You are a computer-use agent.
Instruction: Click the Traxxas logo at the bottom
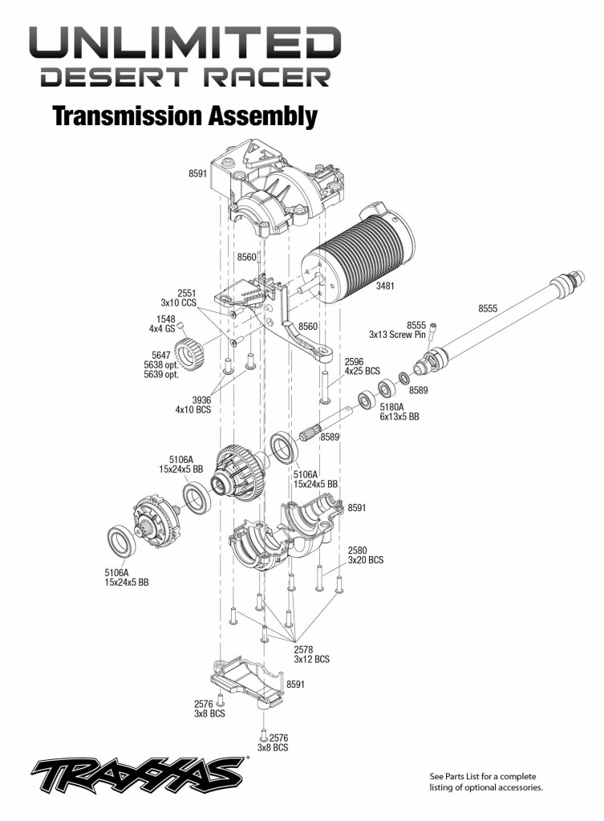(136, 776)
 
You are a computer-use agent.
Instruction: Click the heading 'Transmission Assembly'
(184, 116)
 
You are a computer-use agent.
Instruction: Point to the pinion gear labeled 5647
(186, 354)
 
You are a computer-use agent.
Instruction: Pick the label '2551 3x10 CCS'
(179, 298)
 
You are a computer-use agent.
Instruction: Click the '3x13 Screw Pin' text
(398, 334)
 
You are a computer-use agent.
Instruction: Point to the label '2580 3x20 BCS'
(365, 555)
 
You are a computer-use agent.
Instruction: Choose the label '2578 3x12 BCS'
(312, 654)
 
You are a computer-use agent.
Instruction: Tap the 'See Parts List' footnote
(486, 782)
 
